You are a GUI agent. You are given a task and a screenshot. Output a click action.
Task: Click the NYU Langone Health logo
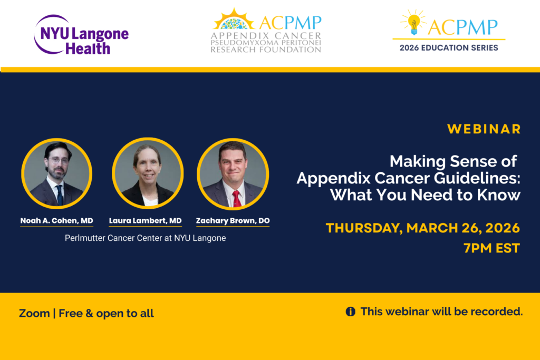tap(81, 35)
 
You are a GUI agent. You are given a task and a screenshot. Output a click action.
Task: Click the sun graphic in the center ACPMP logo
tap(234, 20)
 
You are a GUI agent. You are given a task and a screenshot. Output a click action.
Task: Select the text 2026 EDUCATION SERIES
tap(449, 47)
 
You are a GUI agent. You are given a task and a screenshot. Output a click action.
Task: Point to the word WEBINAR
tap(484, 129)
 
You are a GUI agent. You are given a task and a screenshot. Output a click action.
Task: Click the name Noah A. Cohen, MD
tap(57, 221)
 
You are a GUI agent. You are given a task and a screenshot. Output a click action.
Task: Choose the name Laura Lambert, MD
tap(146, 221)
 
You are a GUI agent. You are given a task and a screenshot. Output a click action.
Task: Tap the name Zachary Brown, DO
tap(233, 221)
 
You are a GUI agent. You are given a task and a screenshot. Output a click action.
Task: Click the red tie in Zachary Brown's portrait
tap(237, 199)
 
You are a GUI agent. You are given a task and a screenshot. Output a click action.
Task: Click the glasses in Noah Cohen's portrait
tap(58, 161)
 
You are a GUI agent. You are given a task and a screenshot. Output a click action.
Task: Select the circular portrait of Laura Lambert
tap(148, 173)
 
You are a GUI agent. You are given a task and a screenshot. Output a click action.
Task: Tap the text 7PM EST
tap(491, 248)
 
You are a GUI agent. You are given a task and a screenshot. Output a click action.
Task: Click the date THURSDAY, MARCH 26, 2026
tap(423, 228)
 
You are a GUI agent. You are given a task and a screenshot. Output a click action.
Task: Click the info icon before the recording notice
tap(350, 312)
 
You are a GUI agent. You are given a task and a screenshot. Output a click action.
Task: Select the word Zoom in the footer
tap(34, 313)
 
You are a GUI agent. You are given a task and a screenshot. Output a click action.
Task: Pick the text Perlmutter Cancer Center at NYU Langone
tap(146, 238)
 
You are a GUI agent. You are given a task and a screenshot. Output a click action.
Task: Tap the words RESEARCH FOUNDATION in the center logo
tap(266, 50)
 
